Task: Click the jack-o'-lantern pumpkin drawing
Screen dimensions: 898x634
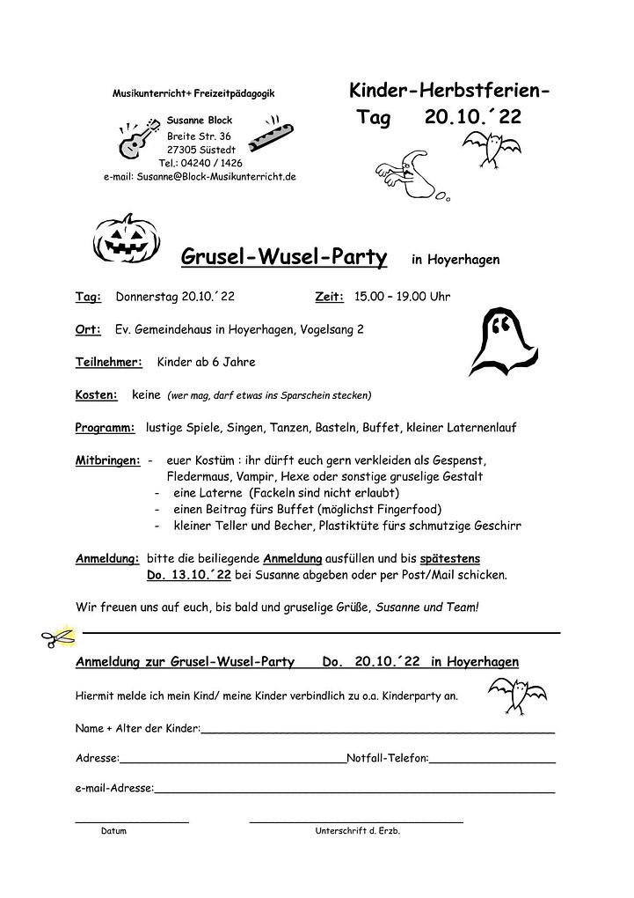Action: pos(126,239)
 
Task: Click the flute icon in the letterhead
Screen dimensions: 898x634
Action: pos(265,132)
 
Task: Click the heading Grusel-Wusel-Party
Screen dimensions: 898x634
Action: pos(284,257)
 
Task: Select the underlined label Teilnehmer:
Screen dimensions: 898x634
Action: pos(109,362)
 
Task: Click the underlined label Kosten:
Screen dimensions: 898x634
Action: pos(97,395)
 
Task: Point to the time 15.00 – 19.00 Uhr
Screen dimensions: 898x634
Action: pos(402,297)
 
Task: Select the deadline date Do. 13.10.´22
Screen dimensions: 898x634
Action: pos(189,575)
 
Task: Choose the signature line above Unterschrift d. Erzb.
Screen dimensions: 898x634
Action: pos(355,821)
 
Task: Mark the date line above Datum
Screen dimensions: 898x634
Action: pos(132,821)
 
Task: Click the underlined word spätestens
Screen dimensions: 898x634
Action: pos(450,558)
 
